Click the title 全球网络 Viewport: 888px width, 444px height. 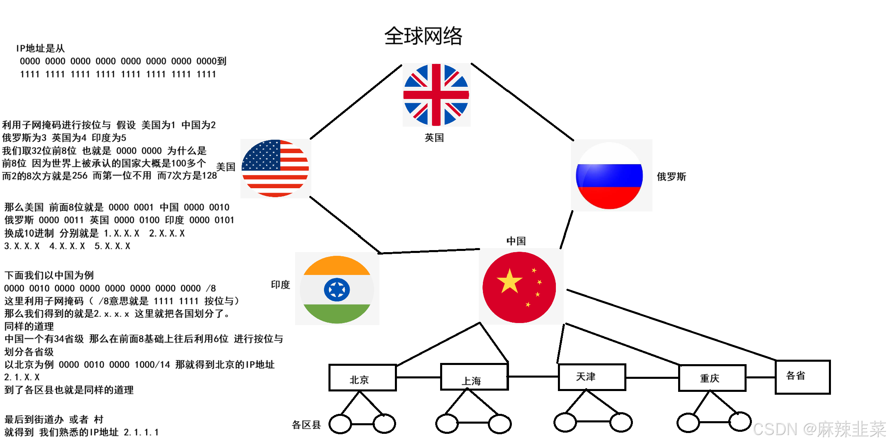coord(423,36)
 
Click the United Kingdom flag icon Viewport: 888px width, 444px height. coord(436,95)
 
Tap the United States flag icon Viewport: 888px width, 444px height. coord(275,168)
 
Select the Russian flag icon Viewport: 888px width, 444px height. coord(609,176)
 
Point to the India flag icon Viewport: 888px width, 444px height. coord(337,289)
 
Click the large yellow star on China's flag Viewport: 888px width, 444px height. coord(509,281)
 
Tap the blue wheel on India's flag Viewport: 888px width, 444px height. coord(337,290)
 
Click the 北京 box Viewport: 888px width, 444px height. coord(362,378)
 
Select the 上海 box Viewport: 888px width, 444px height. coord(474,377)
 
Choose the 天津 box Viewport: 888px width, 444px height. coord(592,377)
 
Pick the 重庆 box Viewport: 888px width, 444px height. coord(712,378)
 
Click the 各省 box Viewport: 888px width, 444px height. coord(802,377)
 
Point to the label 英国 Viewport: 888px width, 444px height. coord(434,138)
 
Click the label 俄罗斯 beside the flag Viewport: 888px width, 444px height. coord(671,177)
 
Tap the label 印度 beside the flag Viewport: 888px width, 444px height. coord(280,285)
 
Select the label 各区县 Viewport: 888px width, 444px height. coord(306,425)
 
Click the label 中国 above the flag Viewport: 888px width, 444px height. coord(516,241)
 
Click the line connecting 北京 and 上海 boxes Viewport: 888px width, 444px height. coord(418,377)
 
